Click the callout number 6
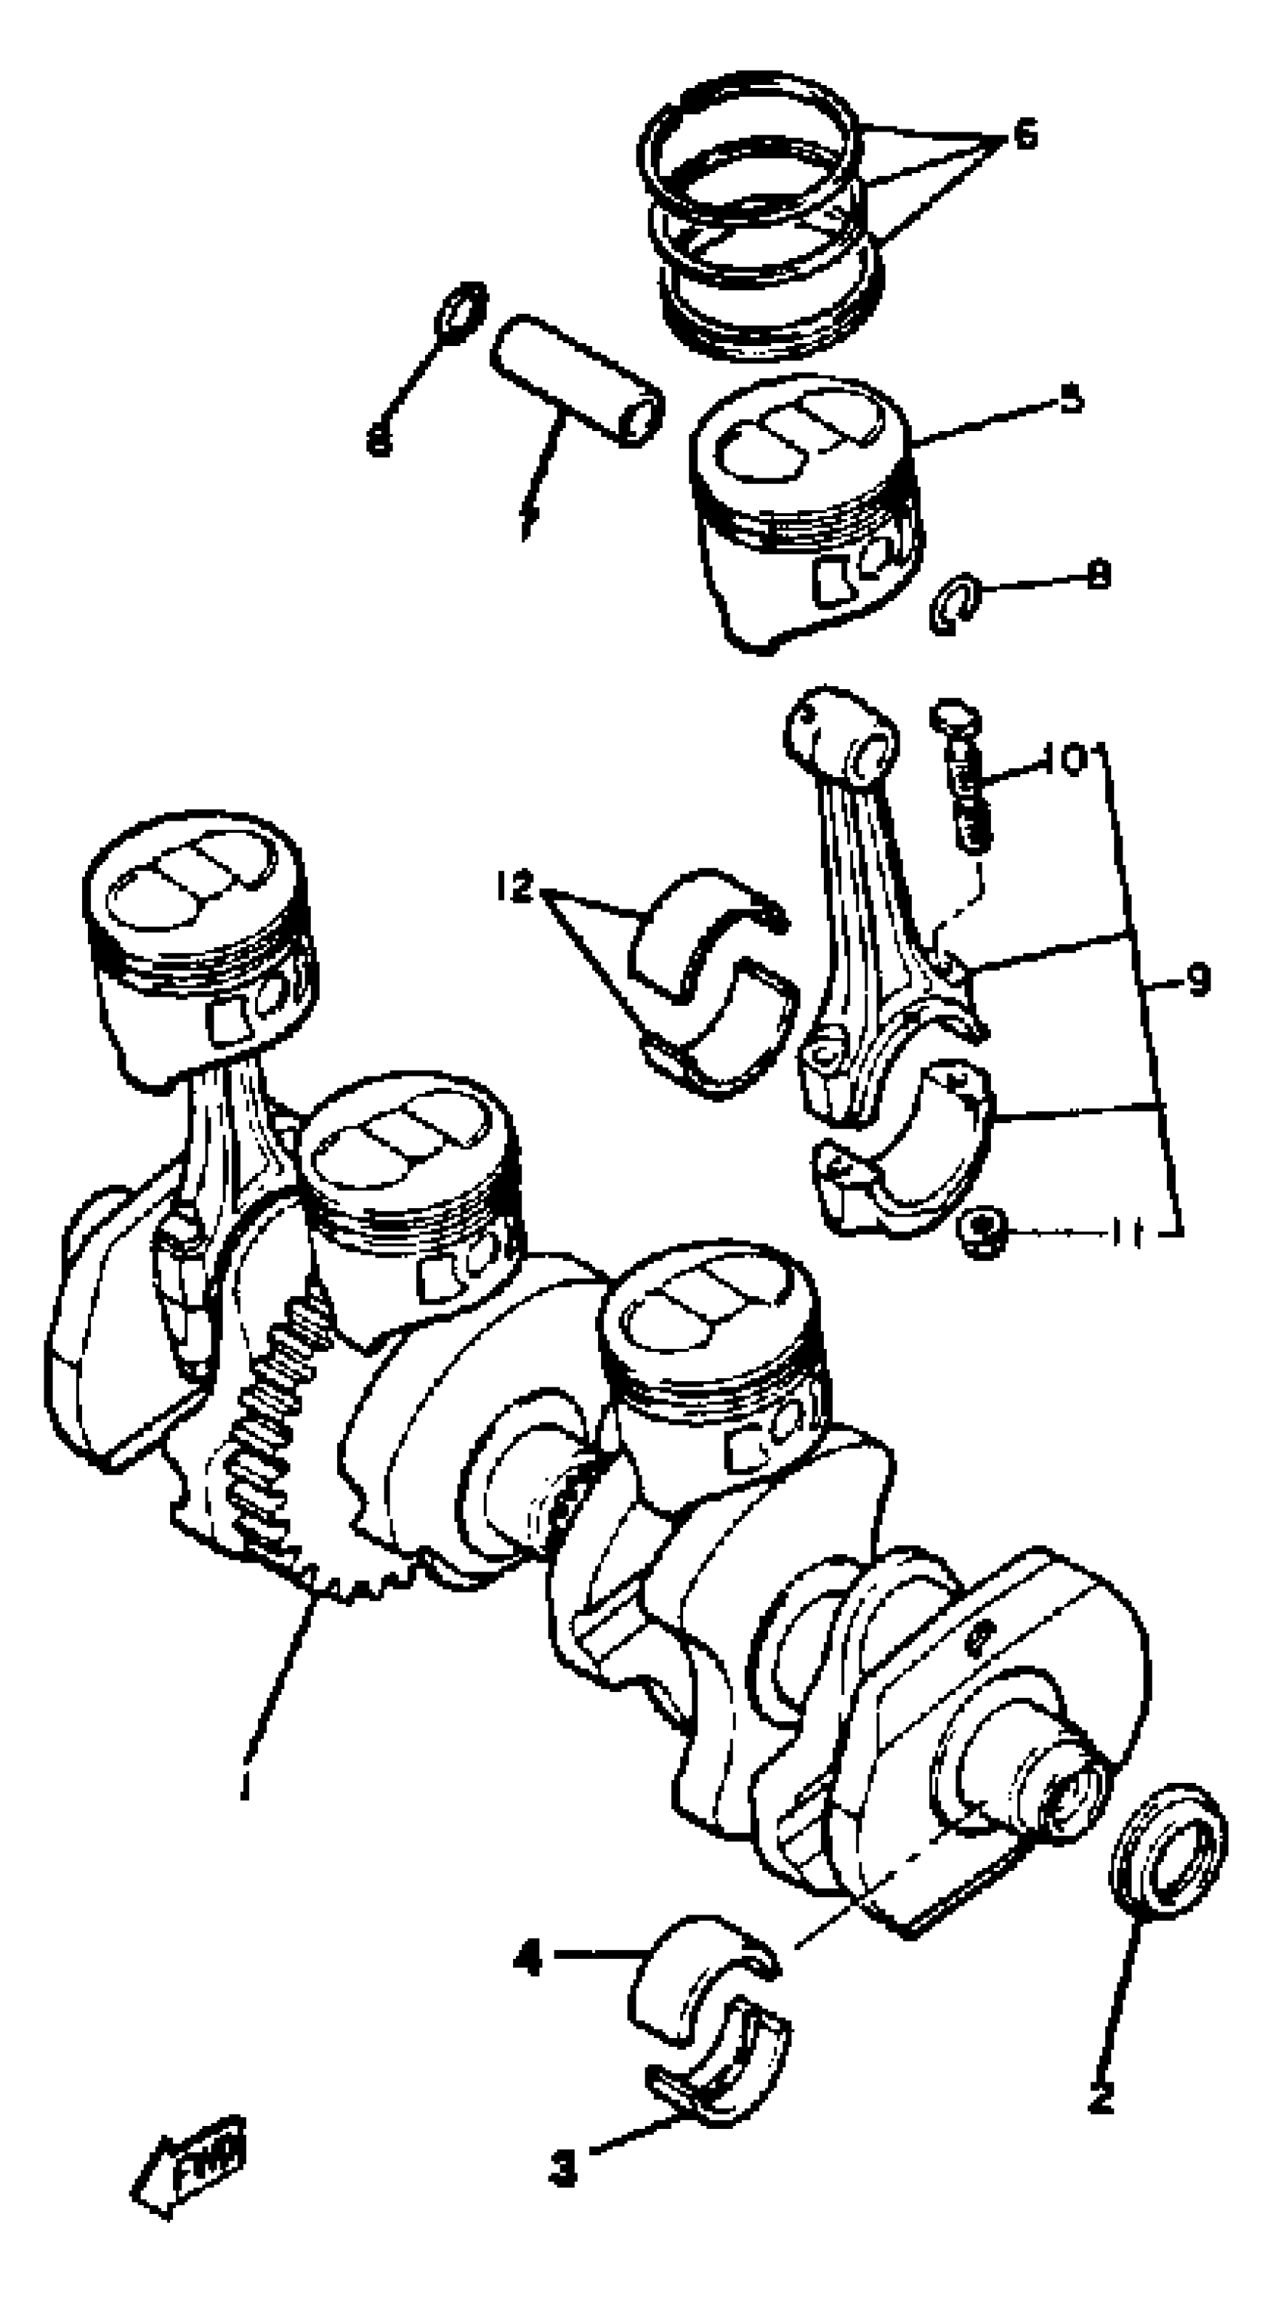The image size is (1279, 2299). click(x=1025, y=135)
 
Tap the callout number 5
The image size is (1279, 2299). click(x=1071, y=399)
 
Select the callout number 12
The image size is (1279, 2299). click(x=515, y=887)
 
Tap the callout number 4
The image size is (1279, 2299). click(x=528, y=1960)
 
